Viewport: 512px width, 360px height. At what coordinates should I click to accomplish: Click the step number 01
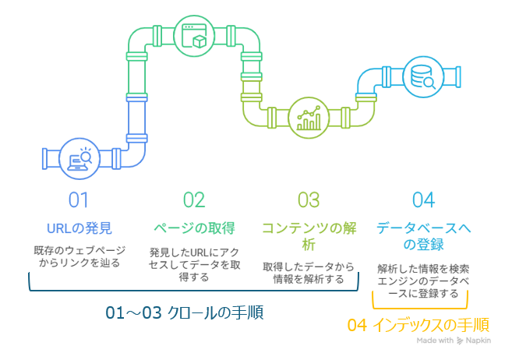(79, 200)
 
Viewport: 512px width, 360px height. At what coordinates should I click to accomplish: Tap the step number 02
(193, 200)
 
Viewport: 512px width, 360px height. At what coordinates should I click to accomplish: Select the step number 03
(309, 200)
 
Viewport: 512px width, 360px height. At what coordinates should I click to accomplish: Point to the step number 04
(422, 200)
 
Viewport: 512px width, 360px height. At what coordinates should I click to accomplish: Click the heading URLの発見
(79, 228)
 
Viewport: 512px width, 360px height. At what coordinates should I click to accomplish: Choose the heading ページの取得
(193, 228)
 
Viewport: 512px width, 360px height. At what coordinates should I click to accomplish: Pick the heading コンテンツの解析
(309, 236)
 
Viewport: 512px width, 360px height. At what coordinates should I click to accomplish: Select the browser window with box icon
(193, 37)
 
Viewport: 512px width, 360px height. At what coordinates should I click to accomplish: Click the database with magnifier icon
(423, 78)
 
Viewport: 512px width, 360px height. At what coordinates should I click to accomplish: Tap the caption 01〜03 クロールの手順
(185, 313)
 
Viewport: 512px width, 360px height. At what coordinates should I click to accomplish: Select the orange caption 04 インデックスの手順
(418, 325)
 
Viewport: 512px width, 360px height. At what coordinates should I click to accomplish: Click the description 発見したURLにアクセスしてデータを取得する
(193, 265)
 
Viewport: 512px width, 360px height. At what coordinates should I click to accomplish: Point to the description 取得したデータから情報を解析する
(309, 272)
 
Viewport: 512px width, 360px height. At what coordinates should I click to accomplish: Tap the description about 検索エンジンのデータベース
(422, 280)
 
